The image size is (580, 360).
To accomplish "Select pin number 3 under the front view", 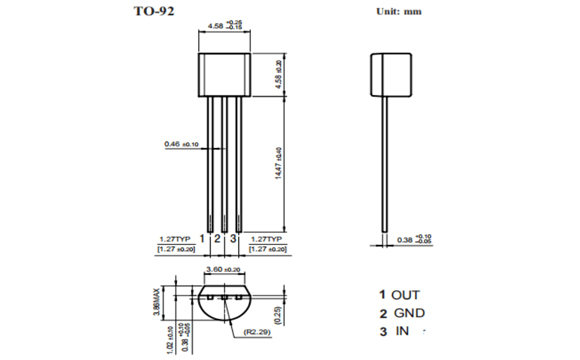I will [x=233, y=239].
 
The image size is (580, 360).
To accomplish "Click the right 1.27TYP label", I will [x=264, y=239].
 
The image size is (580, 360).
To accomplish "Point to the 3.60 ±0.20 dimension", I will [x=222, y=270].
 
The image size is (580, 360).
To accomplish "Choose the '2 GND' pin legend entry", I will [x=400, y=313].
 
